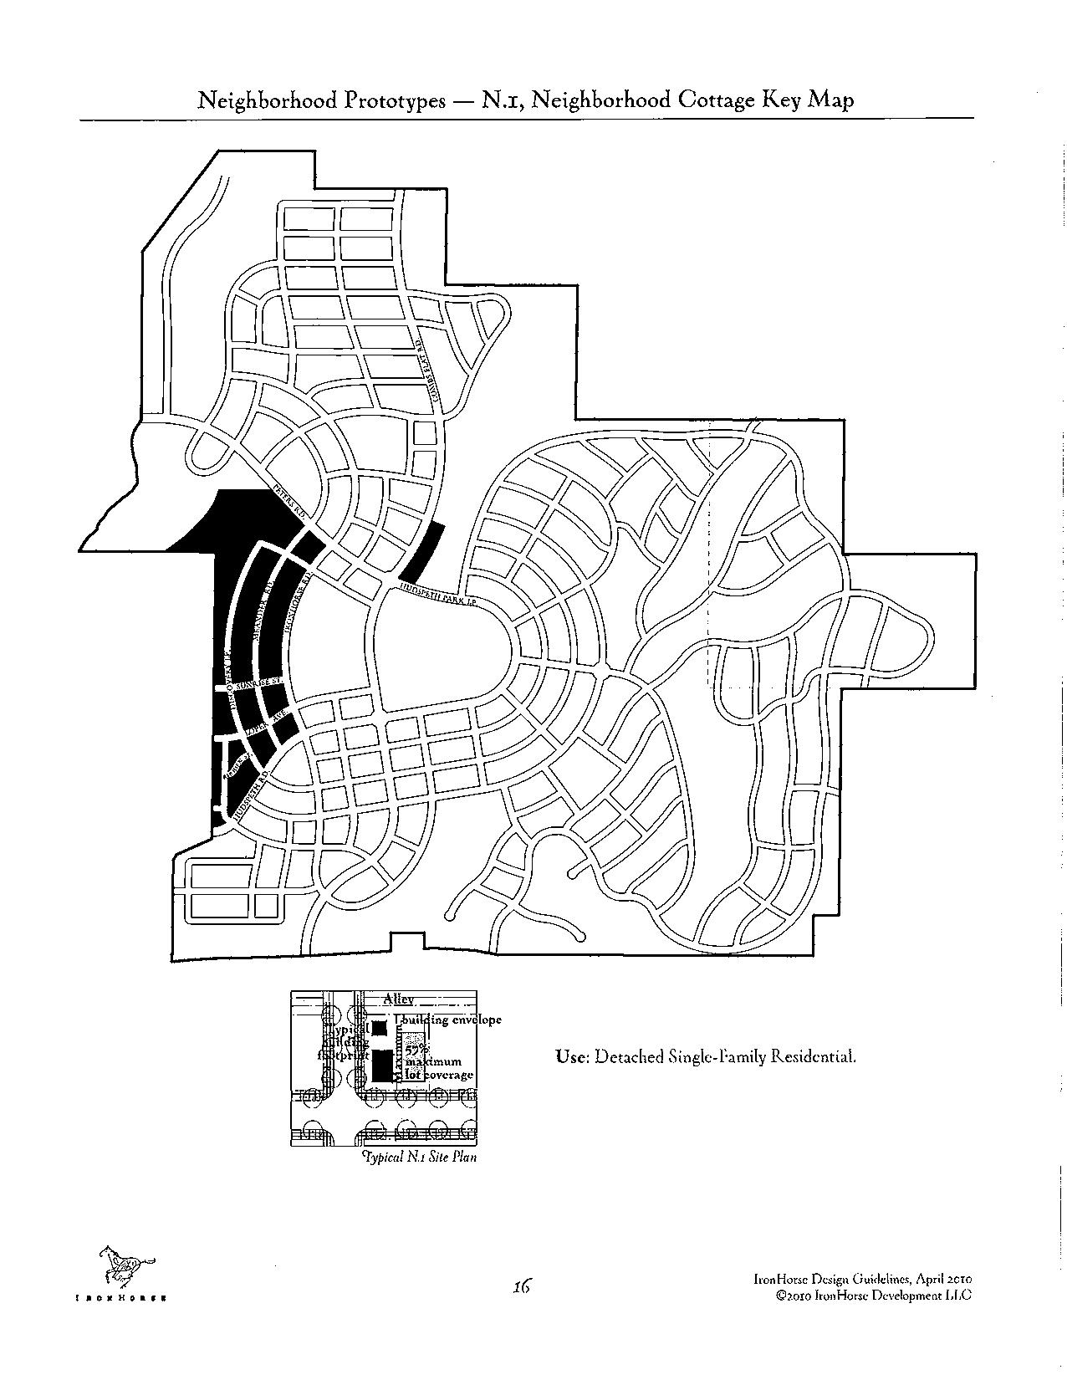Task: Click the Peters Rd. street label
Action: coord(288,503)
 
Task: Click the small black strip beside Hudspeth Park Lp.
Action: coord(421,553)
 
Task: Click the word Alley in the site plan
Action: coord(398,999)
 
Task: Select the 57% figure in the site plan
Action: coord(416,1049)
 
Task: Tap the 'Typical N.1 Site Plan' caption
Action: coord(419,1158)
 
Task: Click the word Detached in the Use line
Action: coord(627,1056)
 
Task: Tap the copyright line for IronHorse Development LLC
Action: coord(874,1295)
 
